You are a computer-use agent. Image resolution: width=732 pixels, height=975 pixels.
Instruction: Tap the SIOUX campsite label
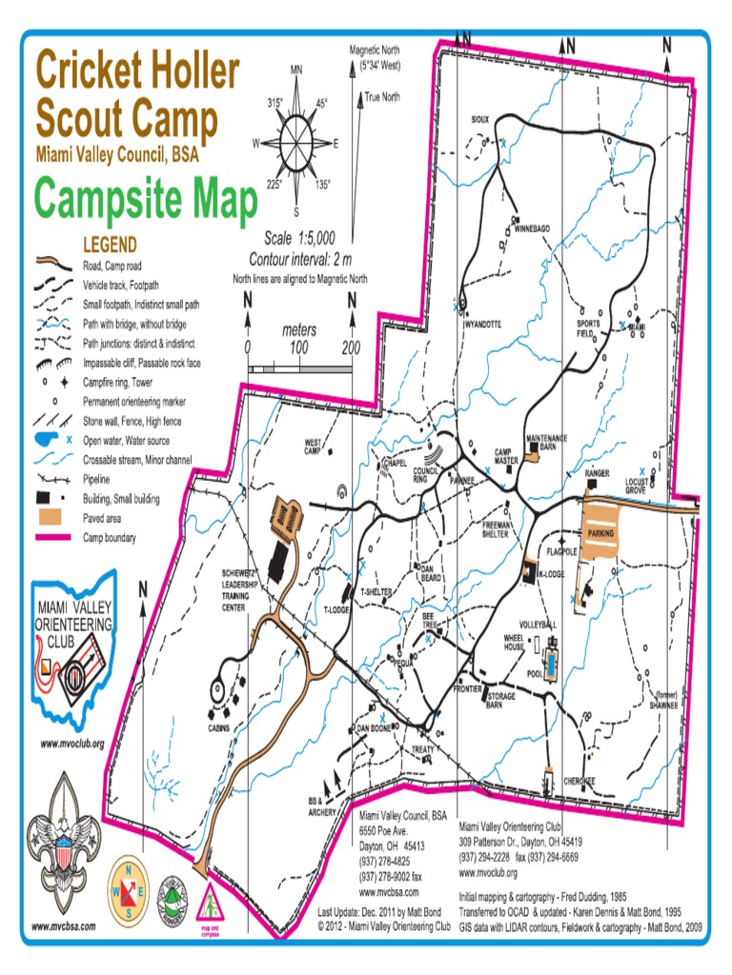click(x=480, y=120)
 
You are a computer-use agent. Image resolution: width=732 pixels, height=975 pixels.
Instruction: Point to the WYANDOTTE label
click(x=482, y=324)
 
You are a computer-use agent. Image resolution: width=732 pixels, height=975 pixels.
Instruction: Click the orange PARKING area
click(x=600, y=533)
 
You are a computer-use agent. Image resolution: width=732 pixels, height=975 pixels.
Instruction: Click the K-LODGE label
click(x=552, y=574)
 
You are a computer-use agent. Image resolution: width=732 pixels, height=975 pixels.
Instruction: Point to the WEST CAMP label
click(x=315, y=446)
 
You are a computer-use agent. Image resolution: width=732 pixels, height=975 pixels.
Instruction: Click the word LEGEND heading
click(x=110, y=244)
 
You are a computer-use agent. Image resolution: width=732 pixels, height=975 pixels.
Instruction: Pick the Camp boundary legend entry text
click(x=110, y=538)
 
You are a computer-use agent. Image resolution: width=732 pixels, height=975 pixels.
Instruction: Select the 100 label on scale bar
click(x=298, y=348)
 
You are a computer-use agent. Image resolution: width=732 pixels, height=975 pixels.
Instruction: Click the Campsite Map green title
click(x=146, y=201)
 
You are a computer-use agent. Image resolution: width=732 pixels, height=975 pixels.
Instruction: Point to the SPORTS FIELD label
click(x=587, y=328)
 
